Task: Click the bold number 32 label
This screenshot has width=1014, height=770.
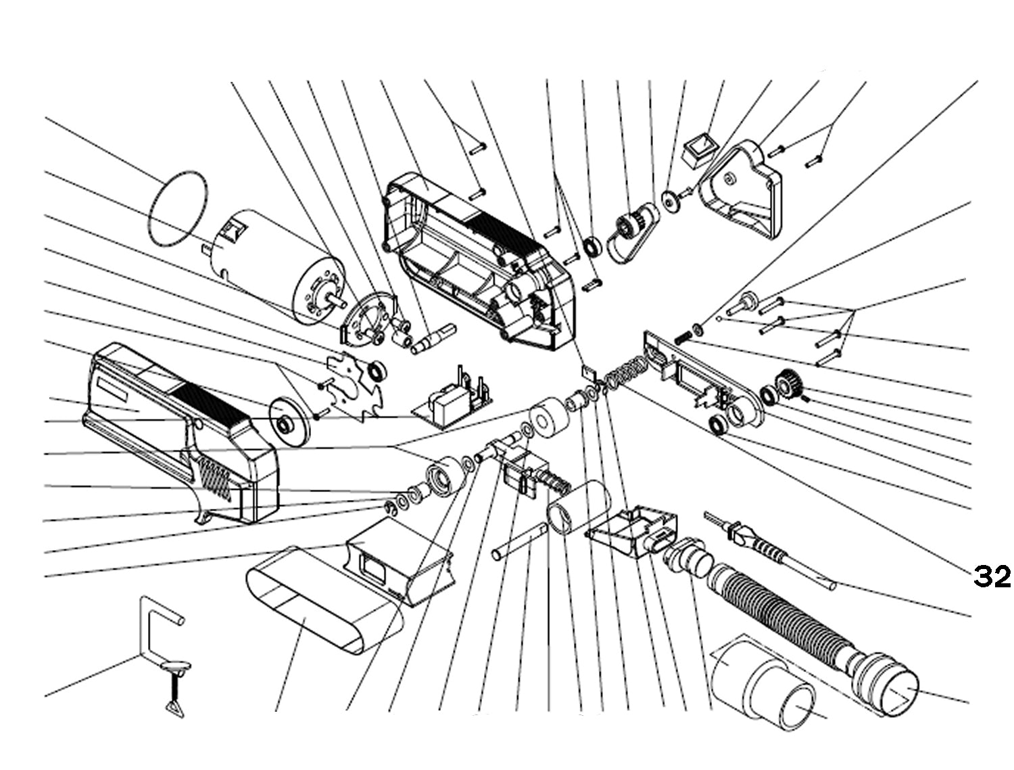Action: [x=992, y=576]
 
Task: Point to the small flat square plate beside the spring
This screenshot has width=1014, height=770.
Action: [x=587, y=371]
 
